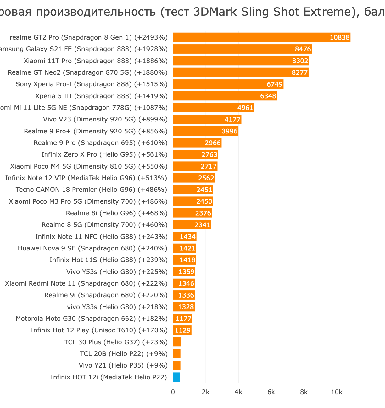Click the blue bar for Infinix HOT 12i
176,377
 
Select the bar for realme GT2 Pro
261,37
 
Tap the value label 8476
303,49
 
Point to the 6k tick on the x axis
271,392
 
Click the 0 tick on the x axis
173,392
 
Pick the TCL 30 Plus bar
177,342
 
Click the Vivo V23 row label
105,119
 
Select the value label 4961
245,108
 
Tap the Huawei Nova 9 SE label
92,248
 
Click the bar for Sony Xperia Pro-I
228,84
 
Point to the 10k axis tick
337,392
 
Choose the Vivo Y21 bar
177,365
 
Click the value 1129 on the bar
183,330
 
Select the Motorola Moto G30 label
92,319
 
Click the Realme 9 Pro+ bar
205,131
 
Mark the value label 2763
209,154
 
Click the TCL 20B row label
124,354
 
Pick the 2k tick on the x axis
206,392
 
